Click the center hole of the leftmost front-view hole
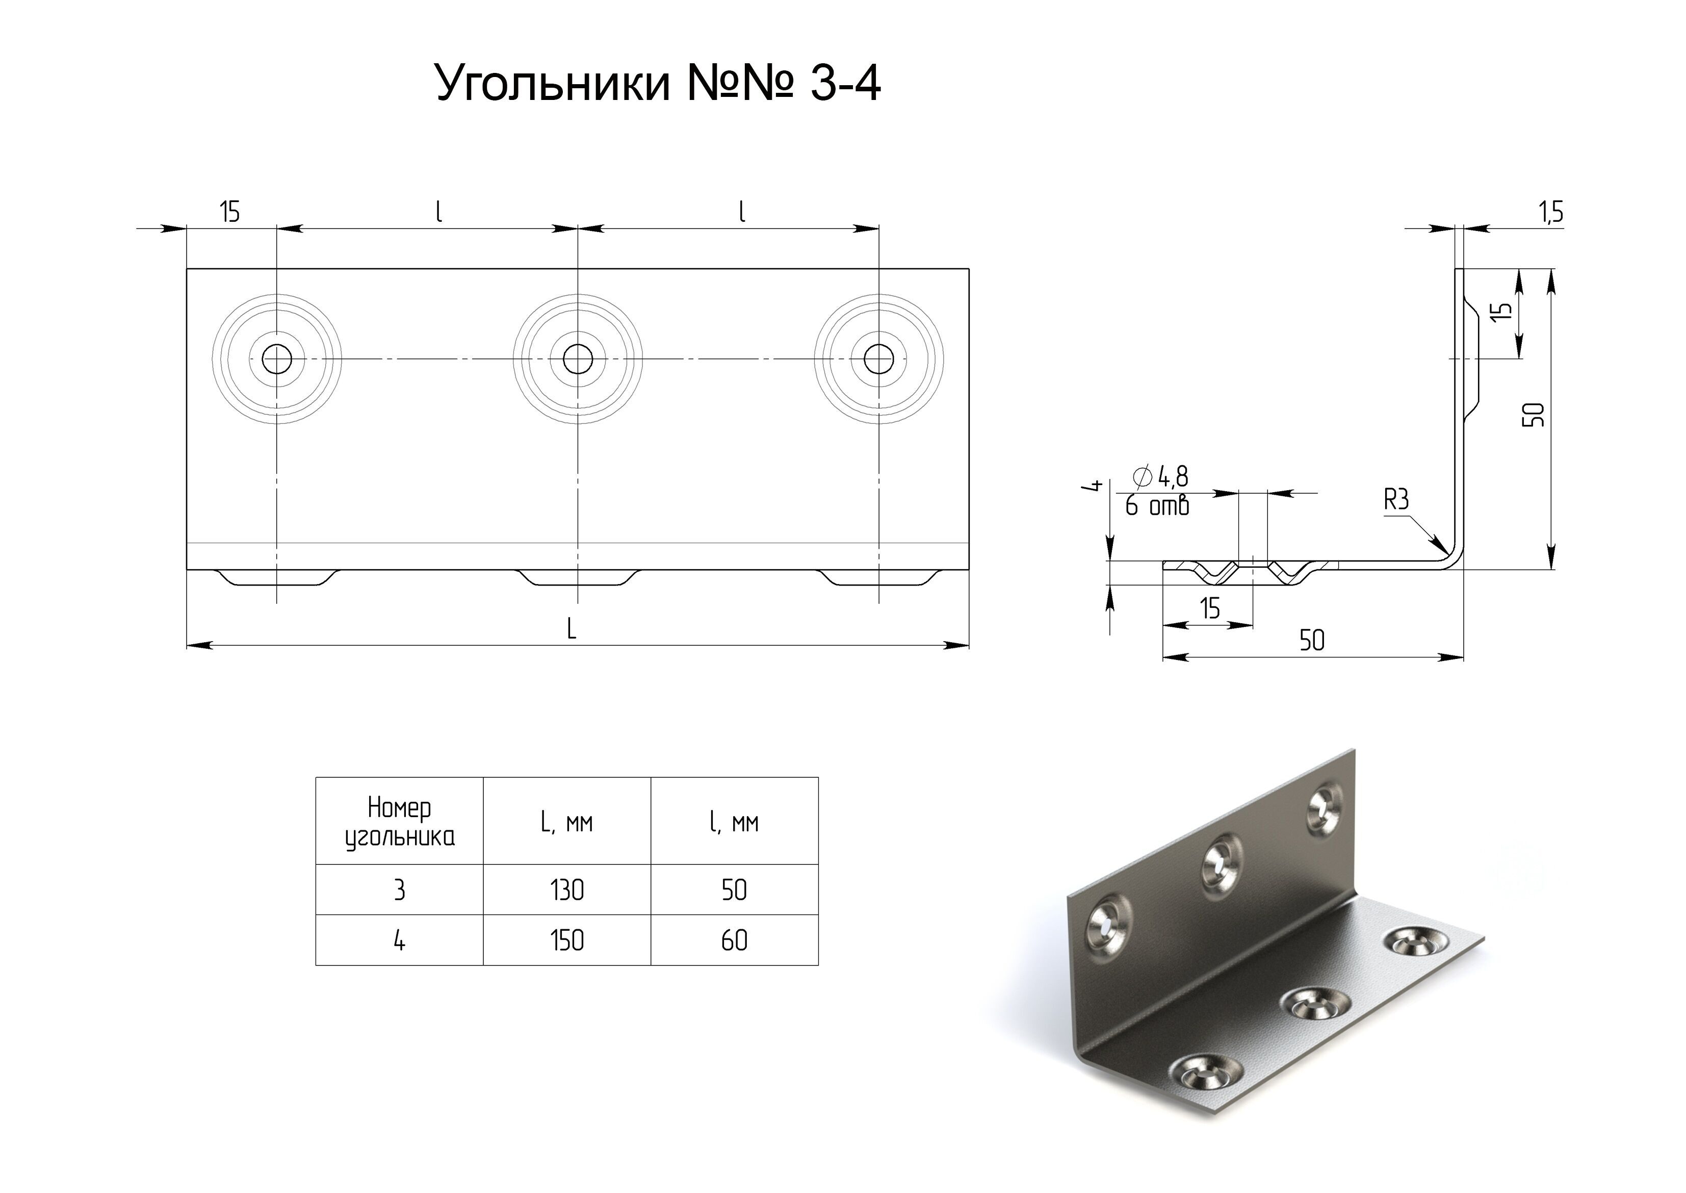277,359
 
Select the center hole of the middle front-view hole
578,359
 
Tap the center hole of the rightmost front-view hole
879,359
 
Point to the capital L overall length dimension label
572,629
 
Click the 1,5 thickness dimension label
1551,212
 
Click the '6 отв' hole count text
1157,506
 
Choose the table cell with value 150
567,941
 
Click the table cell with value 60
734,941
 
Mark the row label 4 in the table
400,941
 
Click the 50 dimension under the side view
1312,641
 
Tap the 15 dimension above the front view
230,212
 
